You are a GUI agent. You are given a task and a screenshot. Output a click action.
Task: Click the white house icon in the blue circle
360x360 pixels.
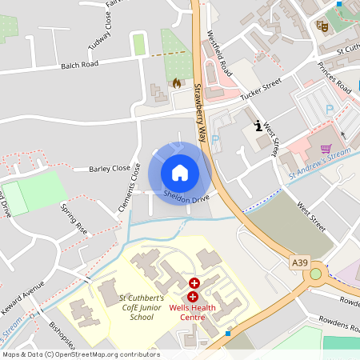[x=180, y=172]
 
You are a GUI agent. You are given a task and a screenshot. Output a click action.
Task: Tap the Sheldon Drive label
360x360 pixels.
[x=186, y=198]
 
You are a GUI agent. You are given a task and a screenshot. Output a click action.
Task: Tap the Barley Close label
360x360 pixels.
[x=110, y=169]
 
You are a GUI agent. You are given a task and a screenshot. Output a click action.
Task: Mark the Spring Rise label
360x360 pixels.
[x=74, y=217]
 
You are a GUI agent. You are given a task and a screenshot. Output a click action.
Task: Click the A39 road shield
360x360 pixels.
[x=299, y=262]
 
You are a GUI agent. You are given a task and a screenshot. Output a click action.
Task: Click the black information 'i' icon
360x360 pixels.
[x=258, y=125]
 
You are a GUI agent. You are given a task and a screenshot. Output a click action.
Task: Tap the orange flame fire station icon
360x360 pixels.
[x=176, y=82]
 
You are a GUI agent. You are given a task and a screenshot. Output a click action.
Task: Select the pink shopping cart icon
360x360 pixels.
[x=326, y=149]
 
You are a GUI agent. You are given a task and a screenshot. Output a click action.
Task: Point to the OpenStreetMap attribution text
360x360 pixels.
[x=80, y=354]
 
